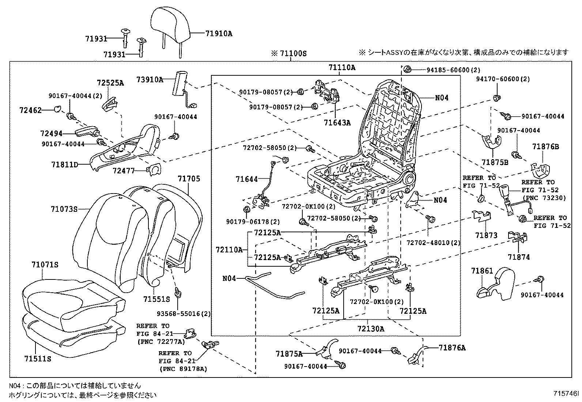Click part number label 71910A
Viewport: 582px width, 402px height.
[x=219, y=34]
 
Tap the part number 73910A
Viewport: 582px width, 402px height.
[x=150, y=79]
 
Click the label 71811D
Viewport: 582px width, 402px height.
[x=65, y=165]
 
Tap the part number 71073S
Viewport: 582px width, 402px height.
[x=64, y=209]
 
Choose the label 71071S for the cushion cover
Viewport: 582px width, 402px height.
[x=45, y=265]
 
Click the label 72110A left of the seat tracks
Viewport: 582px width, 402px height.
[x=229, y=250]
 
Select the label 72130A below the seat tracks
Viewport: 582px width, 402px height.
[x=371, y=328]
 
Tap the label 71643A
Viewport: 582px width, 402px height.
[x=337, y=123]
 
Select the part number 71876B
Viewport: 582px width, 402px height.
[x=545, y=147]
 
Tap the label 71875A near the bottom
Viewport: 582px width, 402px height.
[x=289, y=354]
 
